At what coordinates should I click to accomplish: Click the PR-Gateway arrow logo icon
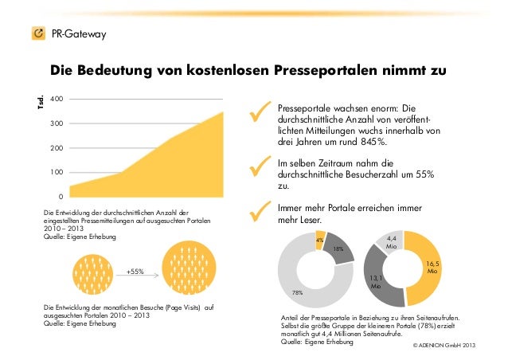(x=37, y=33)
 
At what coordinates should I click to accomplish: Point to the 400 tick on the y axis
(x=56, y=99)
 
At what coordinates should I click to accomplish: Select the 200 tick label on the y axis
(x=56, y=148)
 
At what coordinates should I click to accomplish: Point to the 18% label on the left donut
(x=338, y=249)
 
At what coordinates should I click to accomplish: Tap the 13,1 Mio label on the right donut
(x=377, y=280)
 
